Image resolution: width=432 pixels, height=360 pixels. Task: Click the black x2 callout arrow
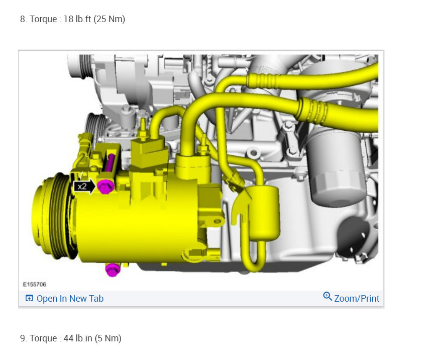pos(84,187)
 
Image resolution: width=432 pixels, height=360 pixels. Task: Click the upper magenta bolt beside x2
pos(105,186)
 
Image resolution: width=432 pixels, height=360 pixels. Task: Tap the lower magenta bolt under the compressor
pos(113,269)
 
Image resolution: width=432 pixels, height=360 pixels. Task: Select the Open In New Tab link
pos(70,299)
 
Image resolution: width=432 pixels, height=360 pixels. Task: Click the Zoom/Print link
pos(357,299)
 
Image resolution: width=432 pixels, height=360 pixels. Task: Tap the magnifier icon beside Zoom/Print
pos(328,296)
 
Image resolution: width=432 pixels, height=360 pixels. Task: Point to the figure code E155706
pos(35,285)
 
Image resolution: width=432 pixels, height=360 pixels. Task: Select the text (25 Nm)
pos(110,19)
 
